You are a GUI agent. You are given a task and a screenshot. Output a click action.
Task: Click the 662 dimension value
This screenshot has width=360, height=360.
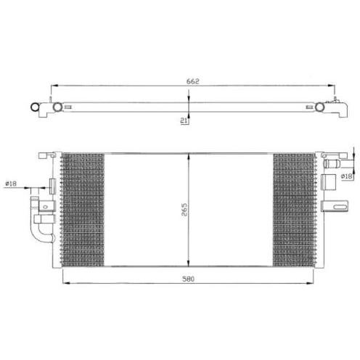(x=192, y=81)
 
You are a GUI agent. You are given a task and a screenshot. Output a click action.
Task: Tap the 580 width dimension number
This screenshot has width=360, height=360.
(x=188, y=279)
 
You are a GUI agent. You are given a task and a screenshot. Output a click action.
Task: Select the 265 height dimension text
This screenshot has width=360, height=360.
(x=184, y=209)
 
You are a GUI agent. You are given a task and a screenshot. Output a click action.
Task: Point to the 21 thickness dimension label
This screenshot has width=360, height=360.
(x=184, y=120)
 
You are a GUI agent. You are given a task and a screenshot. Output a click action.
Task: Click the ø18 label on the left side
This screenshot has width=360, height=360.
(x=11, y=184)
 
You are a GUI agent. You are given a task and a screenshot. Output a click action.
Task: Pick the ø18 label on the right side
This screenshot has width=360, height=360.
(x=346, y=176)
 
